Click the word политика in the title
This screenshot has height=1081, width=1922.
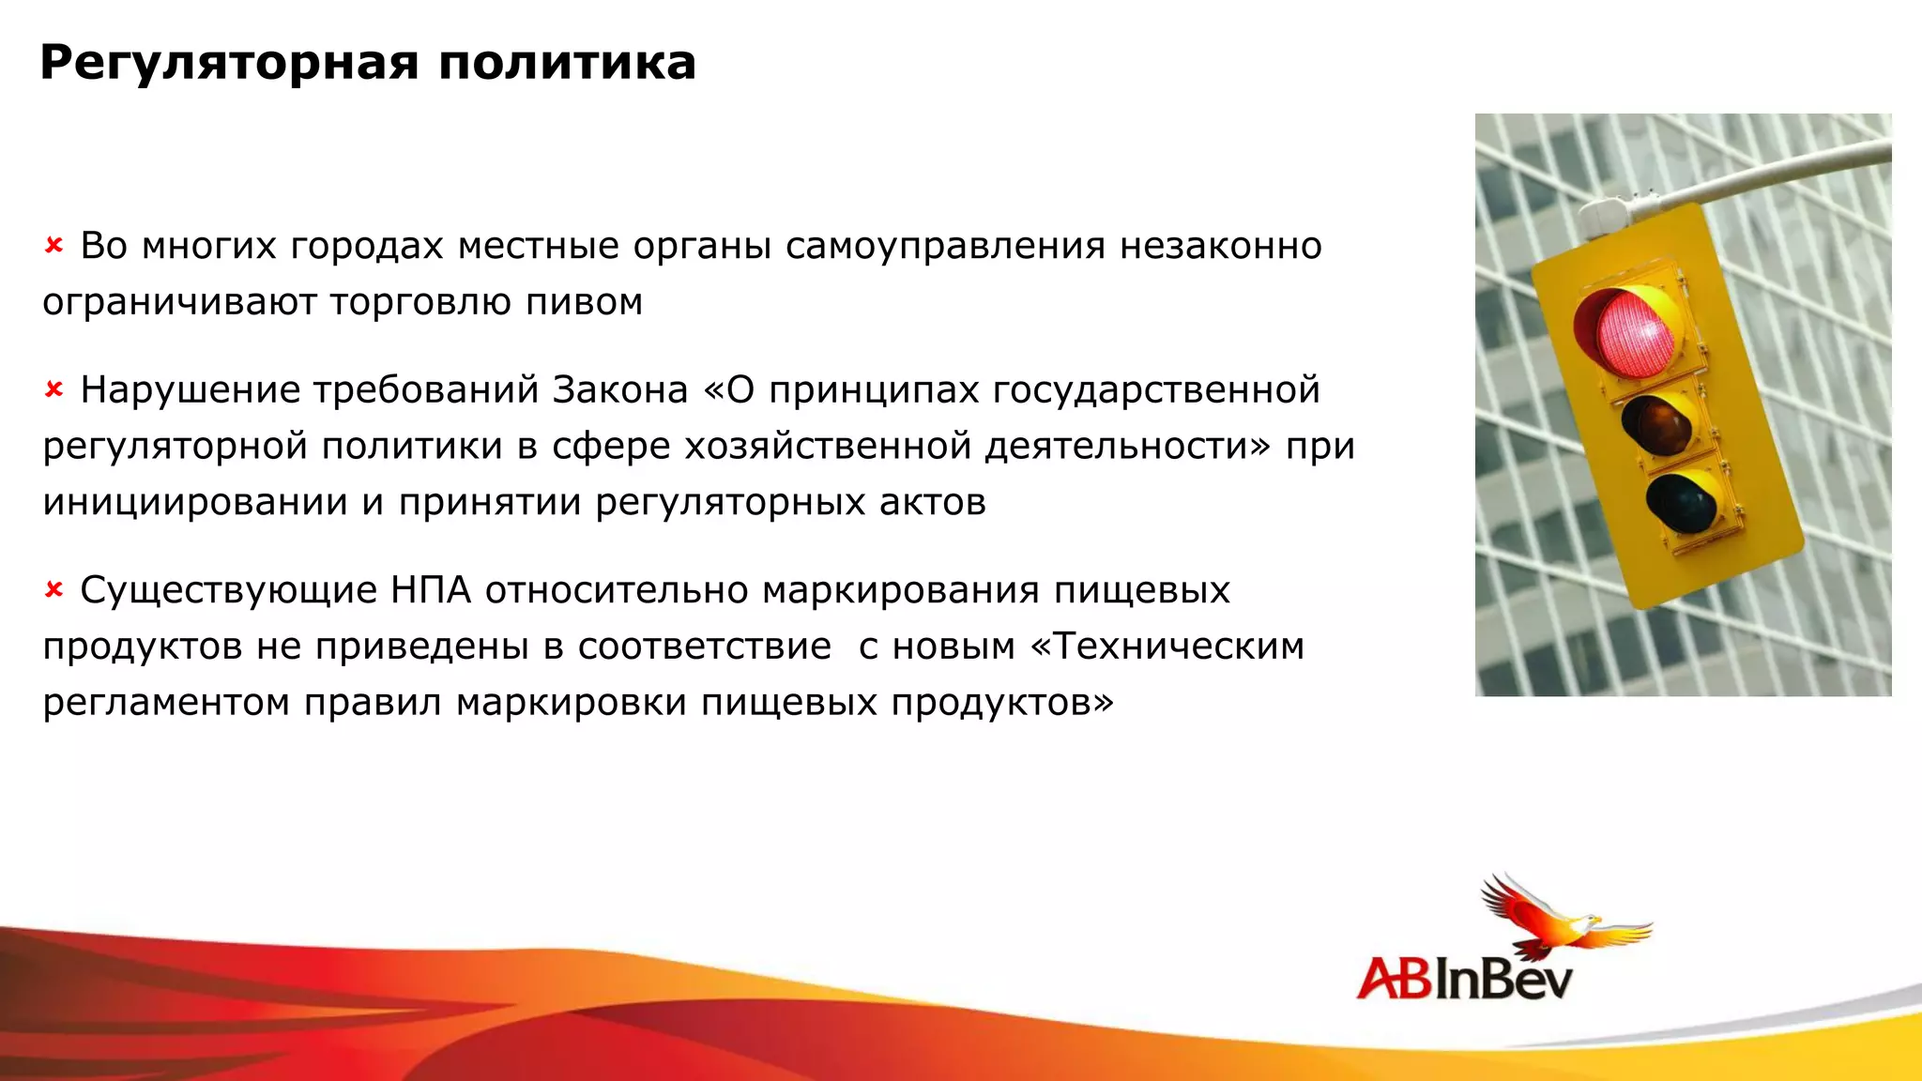pyautogui.click(x=567, y=64)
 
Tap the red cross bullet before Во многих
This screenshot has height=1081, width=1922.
pyautogui.click(x=53, y=246)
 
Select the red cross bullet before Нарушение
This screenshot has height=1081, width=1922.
pyautogui.click(x=53, y=389)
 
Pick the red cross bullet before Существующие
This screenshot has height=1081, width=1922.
pyautogui.click(x=53, y=590)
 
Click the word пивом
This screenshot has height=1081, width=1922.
pyautogui.click(x=584, y=302)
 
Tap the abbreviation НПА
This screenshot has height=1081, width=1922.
pyautogui.click(x=430, y=590)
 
